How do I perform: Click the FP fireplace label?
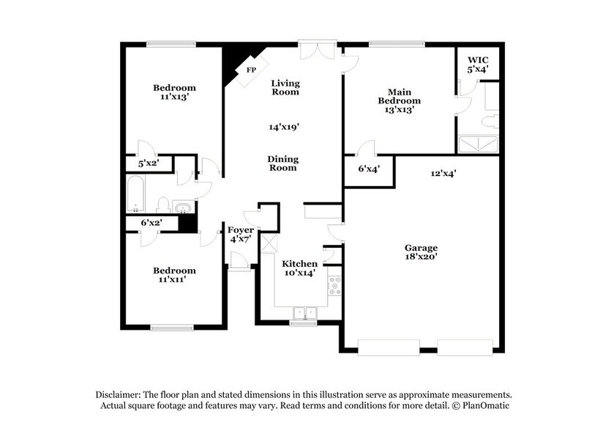click(x=251, y=70)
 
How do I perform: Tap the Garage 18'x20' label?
click(x=422, y=254)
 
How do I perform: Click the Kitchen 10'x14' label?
click(x=300, y=268)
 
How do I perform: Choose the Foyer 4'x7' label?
click(x=241, y=235)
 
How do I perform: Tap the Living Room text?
click(x=285, y=87)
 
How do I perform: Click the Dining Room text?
click(x=282, y=163)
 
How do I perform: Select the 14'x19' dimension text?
click(x=284, y=127)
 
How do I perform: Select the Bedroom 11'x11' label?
click(x=174, y=275)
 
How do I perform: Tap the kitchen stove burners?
click(x=334, y=285)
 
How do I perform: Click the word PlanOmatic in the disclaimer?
click(x=486, y=405)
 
